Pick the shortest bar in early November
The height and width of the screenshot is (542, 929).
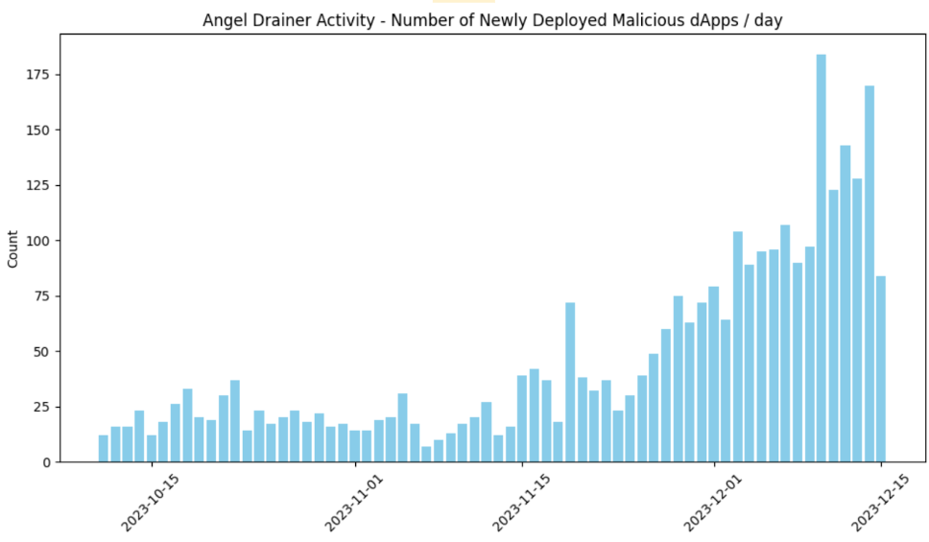(x=426, y=454)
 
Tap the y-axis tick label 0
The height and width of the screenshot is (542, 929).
(x=45, y=462)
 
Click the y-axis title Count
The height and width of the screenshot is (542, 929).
(x=12, y=248)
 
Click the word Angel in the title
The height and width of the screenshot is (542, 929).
(x=223, y=20)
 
